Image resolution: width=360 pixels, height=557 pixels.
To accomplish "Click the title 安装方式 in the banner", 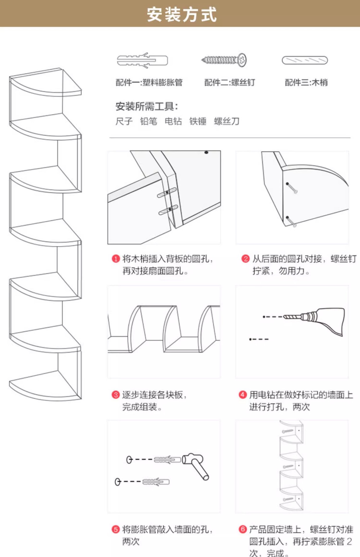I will coord(182,15).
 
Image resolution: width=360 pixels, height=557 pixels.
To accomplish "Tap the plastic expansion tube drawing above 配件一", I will coord(142,60).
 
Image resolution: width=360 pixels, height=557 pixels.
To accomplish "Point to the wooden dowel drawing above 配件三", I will coord(305,60).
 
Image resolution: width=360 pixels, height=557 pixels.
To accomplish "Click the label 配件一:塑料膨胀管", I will coord(149,82).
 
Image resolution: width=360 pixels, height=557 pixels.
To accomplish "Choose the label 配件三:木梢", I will coord(306,82).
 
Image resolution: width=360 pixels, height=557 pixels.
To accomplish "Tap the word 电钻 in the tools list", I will coord(173,121).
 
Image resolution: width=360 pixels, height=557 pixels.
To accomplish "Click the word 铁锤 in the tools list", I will coord(198,121).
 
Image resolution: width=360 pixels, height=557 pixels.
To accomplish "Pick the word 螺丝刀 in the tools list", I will coord(227,121).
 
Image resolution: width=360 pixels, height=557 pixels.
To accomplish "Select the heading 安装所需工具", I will coord(147,106).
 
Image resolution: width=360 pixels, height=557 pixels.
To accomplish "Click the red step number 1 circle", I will coord(116,258).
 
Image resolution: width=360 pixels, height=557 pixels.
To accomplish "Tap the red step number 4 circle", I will coord(243,395).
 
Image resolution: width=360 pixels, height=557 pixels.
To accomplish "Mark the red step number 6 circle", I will coord(243,529).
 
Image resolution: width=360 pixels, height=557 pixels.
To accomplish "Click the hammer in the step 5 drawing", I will coord(196,464).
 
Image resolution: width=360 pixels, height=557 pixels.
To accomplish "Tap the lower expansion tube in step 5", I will coord(156,482).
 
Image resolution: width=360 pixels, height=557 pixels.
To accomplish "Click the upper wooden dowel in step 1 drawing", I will coord(167,193).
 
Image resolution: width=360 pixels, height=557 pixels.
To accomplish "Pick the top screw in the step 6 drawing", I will coord(288,431).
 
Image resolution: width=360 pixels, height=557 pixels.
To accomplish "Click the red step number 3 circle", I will coord(116,395).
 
